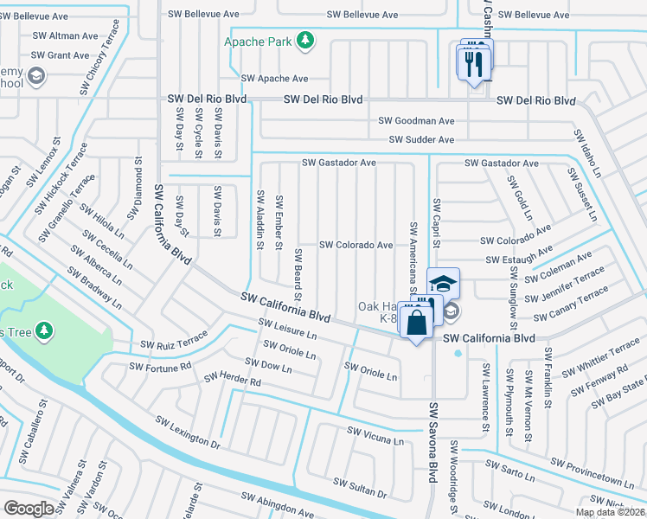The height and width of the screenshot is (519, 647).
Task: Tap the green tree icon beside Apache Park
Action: (304, 40)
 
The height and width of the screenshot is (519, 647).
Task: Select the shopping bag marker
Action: (416, 324)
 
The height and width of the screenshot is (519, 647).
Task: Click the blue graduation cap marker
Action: (443, 285)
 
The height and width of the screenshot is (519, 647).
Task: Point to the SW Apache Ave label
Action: (274, 78)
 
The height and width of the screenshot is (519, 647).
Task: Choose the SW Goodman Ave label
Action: (416, 121)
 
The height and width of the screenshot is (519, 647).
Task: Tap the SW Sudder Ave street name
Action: (421, 139)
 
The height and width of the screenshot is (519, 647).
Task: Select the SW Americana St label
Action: (413, 247)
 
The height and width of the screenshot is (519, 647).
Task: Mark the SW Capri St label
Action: (437, 222)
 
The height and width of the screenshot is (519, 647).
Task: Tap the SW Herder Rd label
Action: (232, 380)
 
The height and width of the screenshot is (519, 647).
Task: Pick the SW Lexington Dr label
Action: (188, 431)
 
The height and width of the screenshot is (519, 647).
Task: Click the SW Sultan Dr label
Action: (358, 487)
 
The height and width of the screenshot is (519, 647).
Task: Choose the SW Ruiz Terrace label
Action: (175, 340)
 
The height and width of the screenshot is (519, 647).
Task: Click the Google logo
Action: (29, 509)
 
